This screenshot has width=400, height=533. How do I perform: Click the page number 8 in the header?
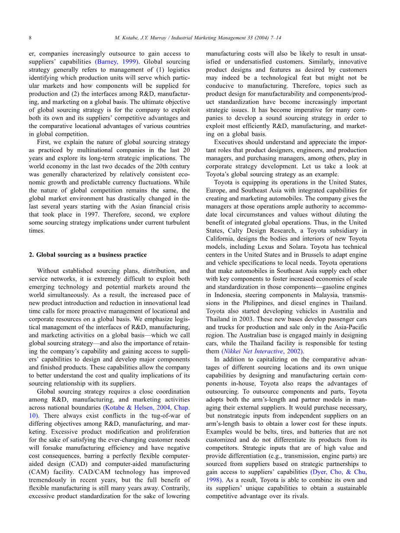point(30,38)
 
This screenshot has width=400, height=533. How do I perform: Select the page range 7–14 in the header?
point(273,38)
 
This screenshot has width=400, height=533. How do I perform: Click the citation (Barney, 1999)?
point(117,62)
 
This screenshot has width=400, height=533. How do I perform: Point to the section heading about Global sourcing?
point(91,255)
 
